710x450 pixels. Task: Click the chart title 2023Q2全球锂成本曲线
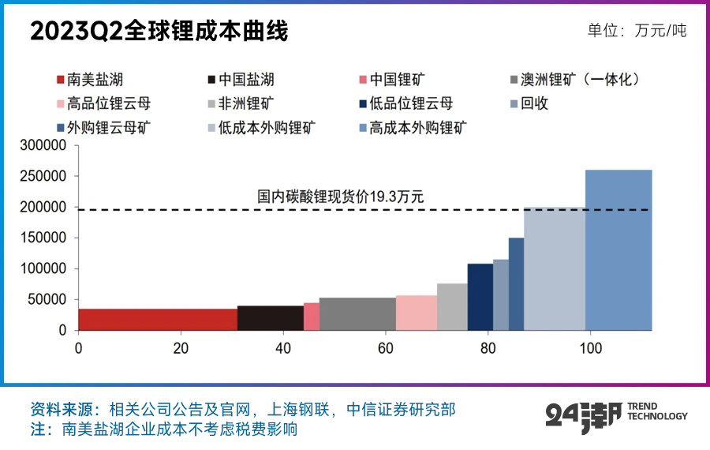(159, 32)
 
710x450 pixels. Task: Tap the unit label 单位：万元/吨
(637, 31)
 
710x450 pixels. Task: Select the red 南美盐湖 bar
(158, 319)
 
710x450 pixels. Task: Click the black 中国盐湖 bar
(270, 317)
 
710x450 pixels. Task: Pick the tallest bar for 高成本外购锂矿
(618, 249)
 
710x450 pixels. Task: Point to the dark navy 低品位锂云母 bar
(480, 297)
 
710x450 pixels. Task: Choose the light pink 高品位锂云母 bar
(416, 313)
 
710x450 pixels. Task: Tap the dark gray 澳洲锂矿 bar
(357, 313)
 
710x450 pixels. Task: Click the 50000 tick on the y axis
(49, 300)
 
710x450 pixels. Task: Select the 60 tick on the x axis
(385, 348)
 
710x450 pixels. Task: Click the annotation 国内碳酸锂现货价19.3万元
(341, 197)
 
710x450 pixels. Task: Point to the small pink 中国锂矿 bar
(312, 316)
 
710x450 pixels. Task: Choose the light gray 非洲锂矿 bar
(452, 306)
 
